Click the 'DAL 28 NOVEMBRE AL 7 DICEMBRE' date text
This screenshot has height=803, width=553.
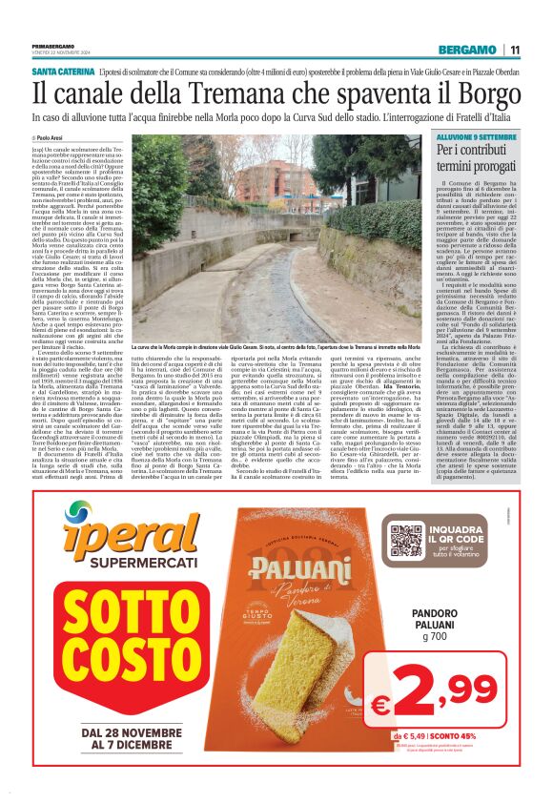click(118, 738)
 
